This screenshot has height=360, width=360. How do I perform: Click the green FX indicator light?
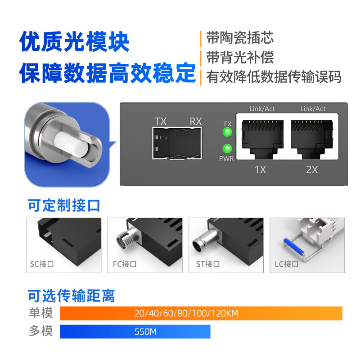click(227, 132)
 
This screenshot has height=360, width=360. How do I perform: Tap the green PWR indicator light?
click(227, 148)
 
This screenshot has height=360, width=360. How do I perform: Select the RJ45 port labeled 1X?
click(262, 139)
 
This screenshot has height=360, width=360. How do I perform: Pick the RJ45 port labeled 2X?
click(312, 139)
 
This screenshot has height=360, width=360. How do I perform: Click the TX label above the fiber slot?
click(161, 121)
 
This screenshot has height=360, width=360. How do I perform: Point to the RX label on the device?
click(196, 121)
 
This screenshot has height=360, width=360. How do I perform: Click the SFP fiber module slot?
click(177, 143)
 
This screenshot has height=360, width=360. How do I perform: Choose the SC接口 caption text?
click(42, 264)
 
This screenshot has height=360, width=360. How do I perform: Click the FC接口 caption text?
click(125, 264)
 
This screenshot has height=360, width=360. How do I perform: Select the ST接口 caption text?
click(208, 264)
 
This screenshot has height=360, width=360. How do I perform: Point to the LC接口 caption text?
click(287, 264)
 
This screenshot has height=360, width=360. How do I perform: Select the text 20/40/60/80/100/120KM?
click(186, 313)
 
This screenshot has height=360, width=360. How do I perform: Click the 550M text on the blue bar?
click(145, 332)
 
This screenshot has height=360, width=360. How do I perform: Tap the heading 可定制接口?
click(64, 205)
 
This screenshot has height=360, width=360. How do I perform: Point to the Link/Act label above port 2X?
click(313, 108)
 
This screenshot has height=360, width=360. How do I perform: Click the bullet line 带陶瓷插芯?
click(240, 38)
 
